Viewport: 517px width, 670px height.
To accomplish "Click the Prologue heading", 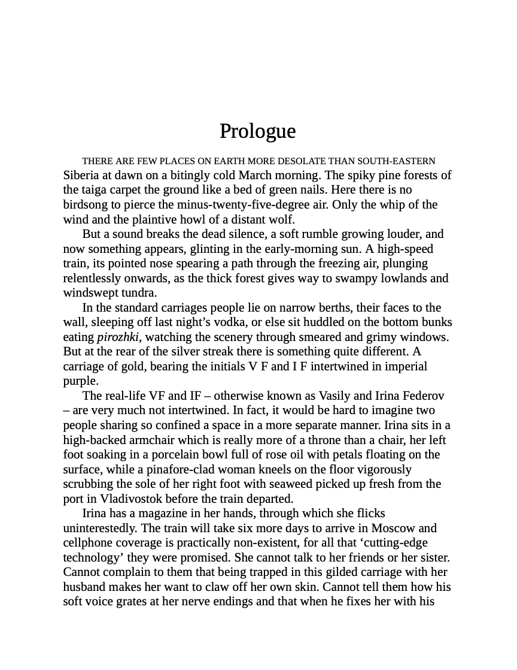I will pos(257,131).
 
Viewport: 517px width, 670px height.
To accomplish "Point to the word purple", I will pos(80,381).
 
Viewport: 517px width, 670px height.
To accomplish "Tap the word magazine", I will pos(157,513).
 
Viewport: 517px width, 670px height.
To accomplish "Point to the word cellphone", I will pos(90,542).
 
